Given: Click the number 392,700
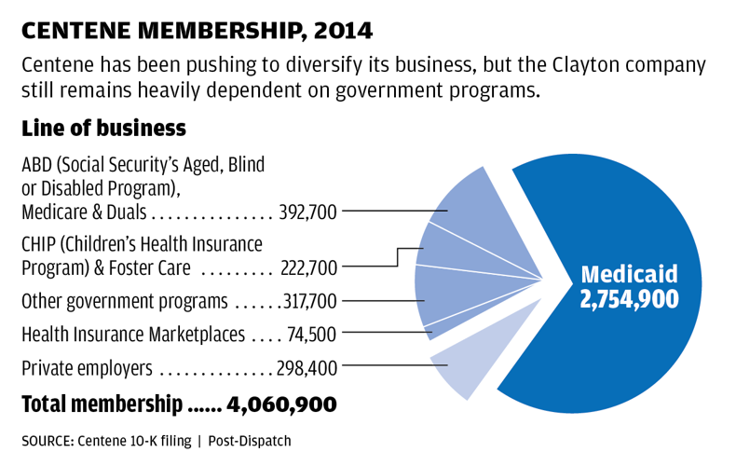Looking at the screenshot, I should [x=308, y=212].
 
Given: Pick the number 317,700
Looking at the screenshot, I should [x=308, y=301].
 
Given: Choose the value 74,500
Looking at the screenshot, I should [x=314, y=333].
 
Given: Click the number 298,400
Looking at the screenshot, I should [x=307, y=368].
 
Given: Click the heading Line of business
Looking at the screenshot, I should [x=103, y=128].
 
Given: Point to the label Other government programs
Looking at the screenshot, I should [x=124, y=301].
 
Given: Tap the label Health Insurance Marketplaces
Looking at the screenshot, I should [x=133, y=333].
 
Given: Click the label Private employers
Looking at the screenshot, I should [x=87, y=368].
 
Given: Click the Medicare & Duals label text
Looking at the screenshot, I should [x=84, y=212].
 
